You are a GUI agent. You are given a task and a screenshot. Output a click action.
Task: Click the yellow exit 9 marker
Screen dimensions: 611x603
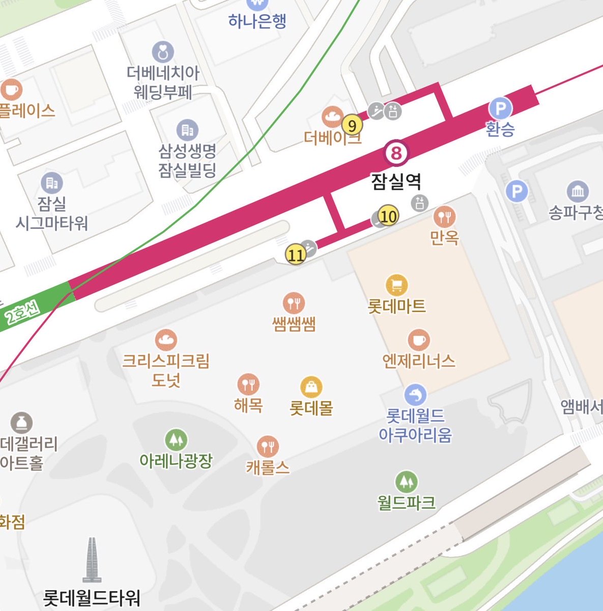coord(352,125)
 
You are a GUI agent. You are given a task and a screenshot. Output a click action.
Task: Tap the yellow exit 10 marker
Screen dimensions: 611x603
coord(388,217)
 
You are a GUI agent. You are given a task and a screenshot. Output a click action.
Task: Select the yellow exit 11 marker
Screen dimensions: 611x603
coord(296,254)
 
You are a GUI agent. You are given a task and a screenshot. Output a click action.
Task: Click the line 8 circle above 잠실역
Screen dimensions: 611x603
coord(396,153)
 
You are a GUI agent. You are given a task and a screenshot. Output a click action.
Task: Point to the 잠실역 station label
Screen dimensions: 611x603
coord(396,181)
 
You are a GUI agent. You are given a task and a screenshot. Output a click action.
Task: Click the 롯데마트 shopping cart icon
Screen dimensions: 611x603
coord(397,285)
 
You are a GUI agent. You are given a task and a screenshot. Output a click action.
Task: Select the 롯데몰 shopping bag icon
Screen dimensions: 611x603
coord(311,387)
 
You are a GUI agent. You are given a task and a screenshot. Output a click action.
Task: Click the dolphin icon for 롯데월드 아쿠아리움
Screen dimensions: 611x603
coord(415,395)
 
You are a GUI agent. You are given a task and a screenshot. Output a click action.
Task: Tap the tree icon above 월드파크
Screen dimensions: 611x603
coord(406,481)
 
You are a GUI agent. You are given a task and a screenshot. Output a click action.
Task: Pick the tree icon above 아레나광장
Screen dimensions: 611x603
coord(176,439)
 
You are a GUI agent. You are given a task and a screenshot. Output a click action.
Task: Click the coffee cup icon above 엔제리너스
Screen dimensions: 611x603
coord(419,340)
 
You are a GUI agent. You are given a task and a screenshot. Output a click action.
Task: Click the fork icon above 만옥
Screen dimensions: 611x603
coord(445,217)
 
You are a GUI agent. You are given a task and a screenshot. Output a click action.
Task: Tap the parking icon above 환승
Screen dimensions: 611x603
coord(500,108)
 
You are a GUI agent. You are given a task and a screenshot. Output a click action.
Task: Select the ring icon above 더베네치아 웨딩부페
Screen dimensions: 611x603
coord(163,52)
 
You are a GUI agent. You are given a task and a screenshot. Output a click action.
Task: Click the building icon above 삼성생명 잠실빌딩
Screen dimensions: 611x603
coord(187,130)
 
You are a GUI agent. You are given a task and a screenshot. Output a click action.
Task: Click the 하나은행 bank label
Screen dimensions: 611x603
coord(257,21)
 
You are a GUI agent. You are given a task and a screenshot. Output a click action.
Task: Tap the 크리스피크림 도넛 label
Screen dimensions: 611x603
coord(166,370)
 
